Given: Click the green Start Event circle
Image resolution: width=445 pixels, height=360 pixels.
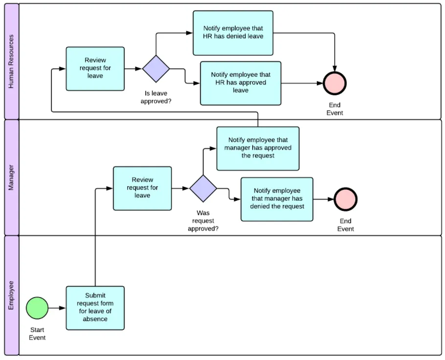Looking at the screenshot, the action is point(37,308).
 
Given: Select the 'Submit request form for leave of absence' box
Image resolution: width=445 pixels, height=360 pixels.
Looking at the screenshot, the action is point(95,308).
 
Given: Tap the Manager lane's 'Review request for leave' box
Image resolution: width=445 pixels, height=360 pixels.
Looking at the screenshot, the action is point(142,188).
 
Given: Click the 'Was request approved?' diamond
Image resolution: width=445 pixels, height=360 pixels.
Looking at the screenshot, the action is point(203,188).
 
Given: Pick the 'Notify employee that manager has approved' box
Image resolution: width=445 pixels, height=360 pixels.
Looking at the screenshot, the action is point(258,148).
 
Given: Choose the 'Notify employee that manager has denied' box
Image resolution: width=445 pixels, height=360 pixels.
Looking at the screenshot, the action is point(277,199).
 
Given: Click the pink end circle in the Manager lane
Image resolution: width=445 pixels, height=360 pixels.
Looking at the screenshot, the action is point(345,199).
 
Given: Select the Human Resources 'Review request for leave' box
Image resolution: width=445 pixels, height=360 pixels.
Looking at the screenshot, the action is point(95,68).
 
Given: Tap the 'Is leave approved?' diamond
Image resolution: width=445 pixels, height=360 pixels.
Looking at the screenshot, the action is point(156,68).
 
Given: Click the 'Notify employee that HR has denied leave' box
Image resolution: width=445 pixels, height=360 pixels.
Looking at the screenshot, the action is point(233,33).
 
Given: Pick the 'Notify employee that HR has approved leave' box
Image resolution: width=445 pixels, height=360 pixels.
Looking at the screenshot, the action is point(241,83).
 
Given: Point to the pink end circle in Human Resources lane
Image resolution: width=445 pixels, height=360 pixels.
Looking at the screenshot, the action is point(334,83).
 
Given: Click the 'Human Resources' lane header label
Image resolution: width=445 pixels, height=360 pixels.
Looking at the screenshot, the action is point(11,61).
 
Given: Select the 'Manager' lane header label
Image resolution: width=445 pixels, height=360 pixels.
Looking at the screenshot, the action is point(11,177).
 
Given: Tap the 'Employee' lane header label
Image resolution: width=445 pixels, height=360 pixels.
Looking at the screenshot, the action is point(11,295).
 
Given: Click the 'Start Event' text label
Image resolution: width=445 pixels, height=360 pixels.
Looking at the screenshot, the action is point(37,334).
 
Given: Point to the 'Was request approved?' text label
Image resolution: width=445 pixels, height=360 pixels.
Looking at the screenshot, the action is point(203,220).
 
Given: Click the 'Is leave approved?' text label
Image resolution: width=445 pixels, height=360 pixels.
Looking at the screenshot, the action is point(156,97).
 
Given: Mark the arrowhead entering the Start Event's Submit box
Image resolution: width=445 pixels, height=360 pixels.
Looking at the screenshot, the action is point(63,308).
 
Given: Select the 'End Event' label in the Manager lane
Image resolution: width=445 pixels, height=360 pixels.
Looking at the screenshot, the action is point(345,225).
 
